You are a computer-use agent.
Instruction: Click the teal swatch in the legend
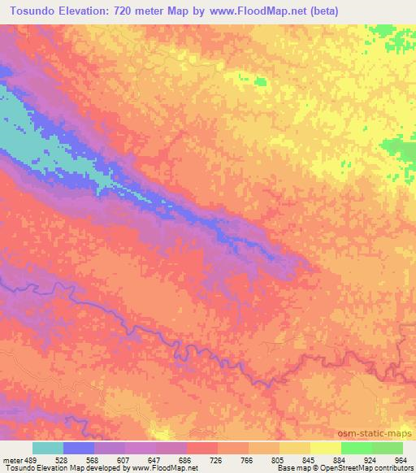[x=48, y=448]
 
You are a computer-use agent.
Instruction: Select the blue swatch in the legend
[x=79, y=448]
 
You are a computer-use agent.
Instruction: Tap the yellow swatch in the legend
[x=325, y=448]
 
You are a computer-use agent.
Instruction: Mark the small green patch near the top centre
[x=261, y=81]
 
